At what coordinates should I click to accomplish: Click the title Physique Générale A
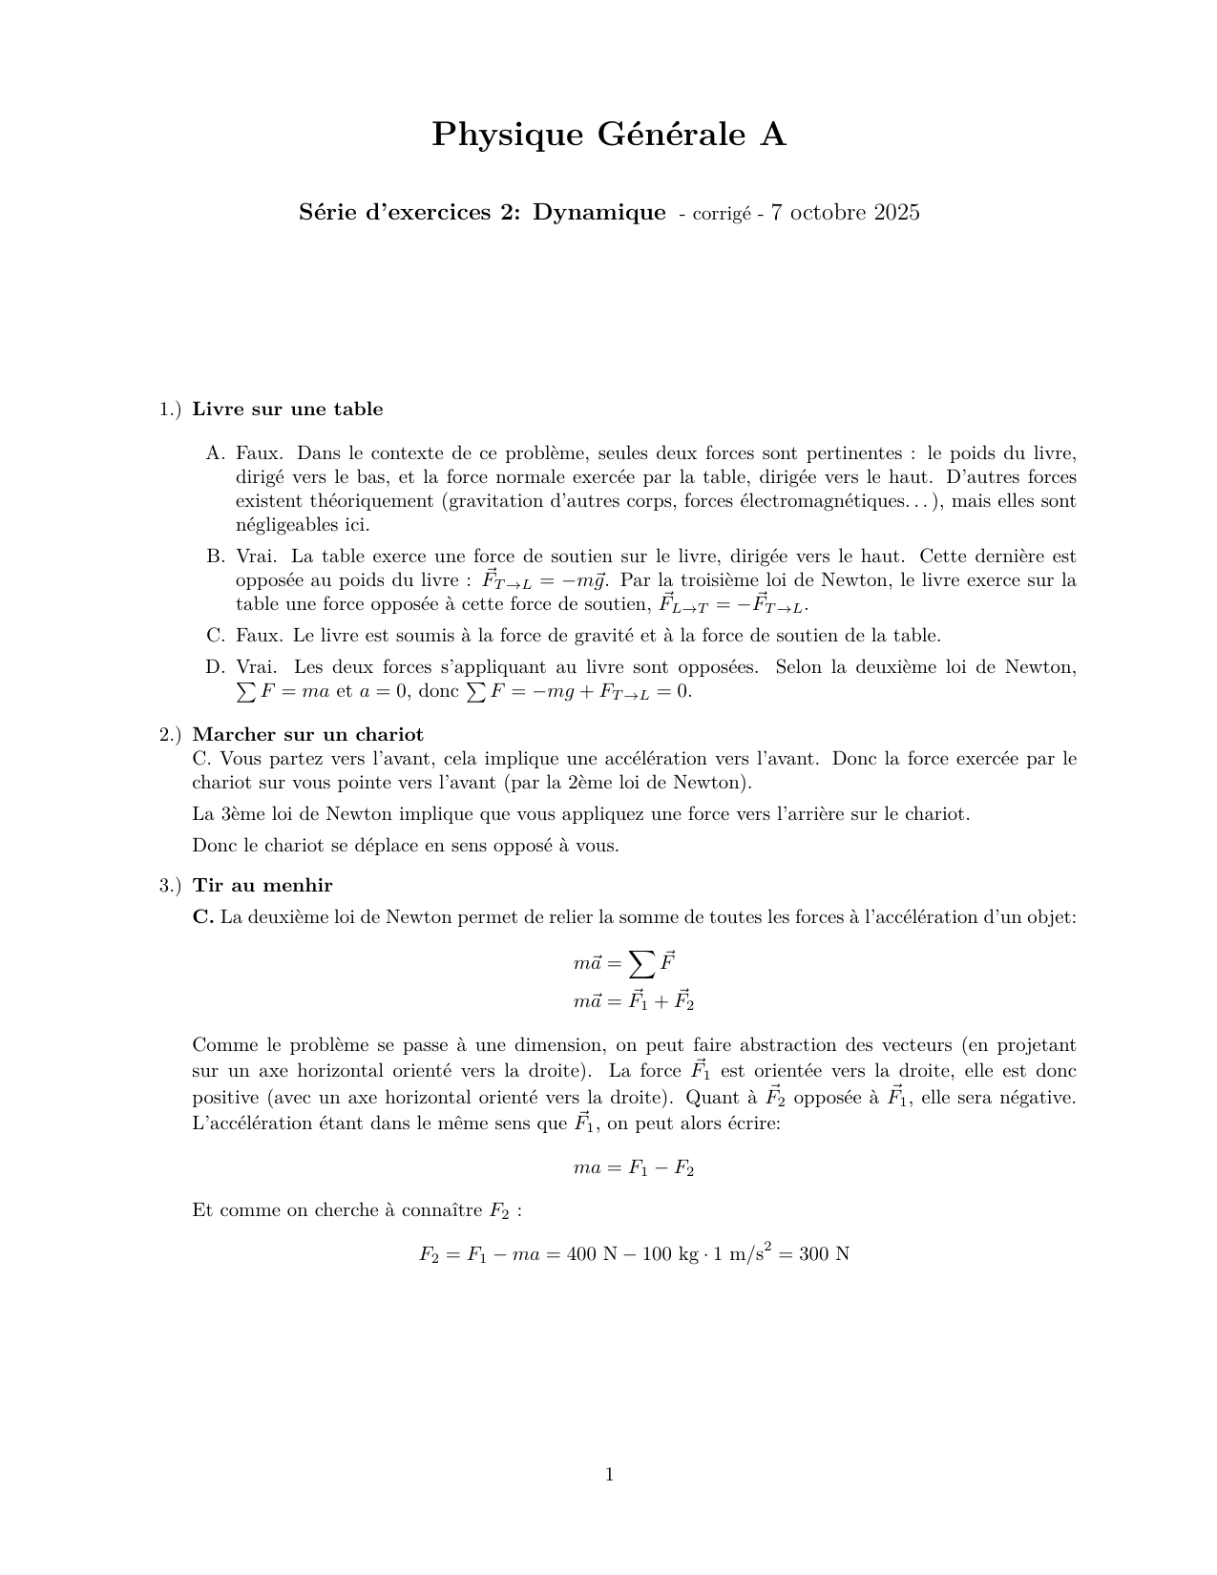pos(609,136)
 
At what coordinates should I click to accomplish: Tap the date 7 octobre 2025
pos(845,213)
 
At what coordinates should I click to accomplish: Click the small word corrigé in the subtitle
pos(722,215)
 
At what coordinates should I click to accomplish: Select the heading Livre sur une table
pos(287,409)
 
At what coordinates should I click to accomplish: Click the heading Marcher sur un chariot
pos(307,734)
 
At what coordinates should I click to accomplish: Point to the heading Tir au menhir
pos(262,885)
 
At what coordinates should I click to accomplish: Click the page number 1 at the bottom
pos(609,1475)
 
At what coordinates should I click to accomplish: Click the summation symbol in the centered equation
pos(642,965)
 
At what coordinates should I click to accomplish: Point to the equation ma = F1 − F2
pos(633,1167)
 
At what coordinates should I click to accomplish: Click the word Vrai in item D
pos(256,667)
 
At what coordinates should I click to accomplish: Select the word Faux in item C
pos(259,636)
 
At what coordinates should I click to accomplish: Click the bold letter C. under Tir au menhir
pos(202,917)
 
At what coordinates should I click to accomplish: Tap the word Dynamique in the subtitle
pos(598,212)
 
